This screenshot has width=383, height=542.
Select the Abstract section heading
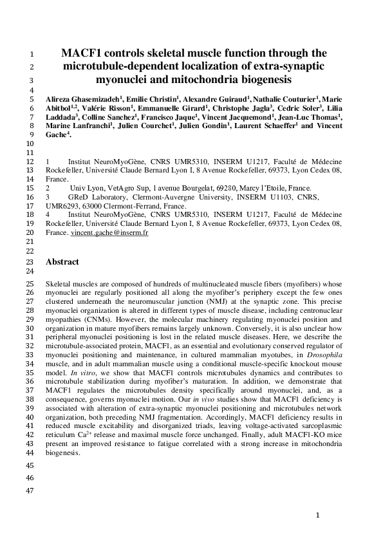[x=62, y=262]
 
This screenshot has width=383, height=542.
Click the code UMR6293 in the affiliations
[x=61, y=209]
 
